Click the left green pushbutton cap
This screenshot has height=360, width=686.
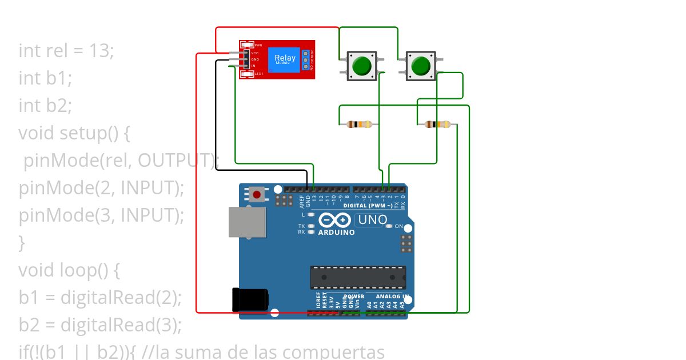(361, 66)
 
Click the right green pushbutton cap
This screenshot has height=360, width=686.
(420, 66)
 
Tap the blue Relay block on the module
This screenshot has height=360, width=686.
(285, 59)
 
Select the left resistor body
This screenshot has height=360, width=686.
(359, 124)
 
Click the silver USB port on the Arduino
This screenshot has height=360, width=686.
(248, 222)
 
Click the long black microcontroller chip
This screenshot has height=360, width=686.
(358, 277)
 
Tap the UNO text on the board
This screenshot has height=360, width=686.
(372, 219)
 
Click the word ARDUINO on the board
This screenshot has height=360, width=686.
(337, 233)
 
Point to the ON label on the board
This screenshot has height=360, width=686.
(399, 226)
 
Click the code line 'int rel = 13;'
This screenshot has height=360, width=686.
(66, 51)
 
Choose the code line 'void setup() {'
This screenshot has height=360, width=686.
(74, 134)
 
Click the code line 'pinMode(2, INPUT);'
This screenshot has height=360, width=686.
(101, 188)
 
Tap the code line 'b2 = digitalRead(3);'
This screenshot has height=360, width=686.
(100, 325)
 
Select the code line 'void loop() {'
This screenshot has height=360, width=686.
(69, 270)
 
